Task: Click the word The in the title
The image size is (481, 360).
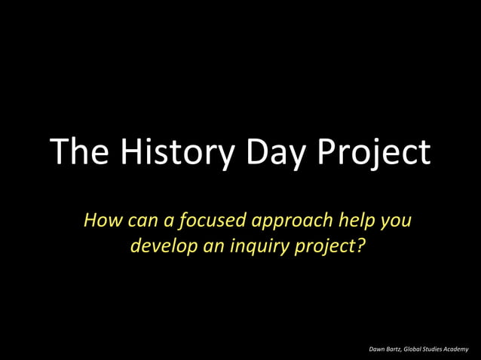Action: (x=78, y=153)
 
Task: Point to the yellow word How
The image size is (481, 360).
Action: (x=100, y=221)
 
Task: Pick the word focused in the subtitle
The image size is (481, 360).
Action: (x=212, y=221)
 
